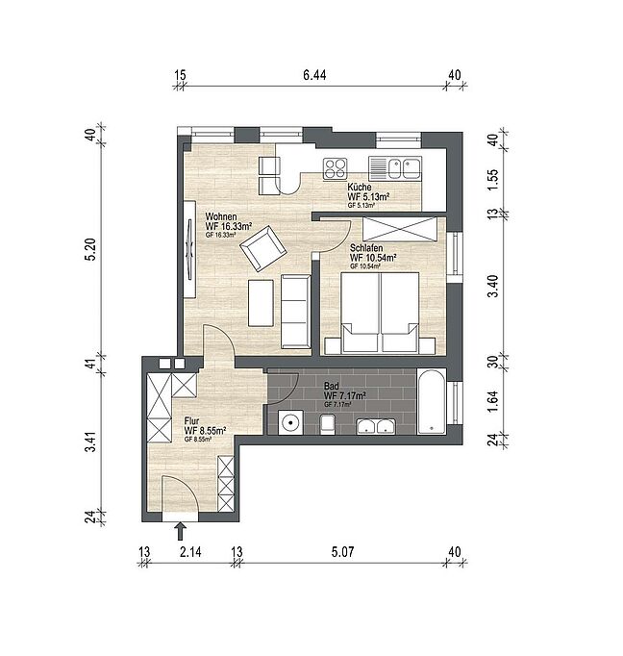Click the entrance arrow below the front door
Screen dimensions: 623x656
coord(180,531)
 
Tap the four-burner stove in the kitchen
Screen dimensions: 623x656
coord(335,168)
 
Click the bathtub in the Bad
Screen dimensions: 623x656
coord(432,401)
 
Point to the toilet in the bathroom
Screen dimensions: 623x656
coord(328,424)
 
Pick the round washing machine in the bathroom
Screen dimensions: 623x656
coord(291,422)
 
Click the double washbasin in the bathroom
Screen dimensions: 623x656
coord(376,426)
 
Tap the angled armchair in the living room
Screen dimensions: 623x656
coord(263,248)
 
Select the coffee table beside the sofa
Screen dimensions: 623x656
coord(261,303)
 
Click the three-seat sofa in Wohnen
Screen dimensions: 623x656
coord(295,312)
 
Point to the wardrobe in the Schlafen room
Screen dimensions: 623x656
coord(399,229)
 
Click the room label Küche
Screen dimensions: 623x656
coord(360,187)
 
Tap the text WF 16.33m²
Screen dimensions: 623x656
coord(228,226)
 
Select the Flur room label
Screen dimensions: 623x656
coord(191,421)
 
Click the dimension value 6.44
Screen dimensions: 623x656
coord(314,75)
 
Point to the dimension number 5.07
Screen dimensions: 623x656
coord(343,552)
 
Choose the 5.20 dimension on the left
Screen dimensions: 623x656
coord(90,249)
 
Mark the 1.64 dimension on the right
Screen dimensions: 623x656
coord(493,402)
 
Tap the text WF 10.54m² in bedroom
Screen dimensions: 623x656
coord(373,257)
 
